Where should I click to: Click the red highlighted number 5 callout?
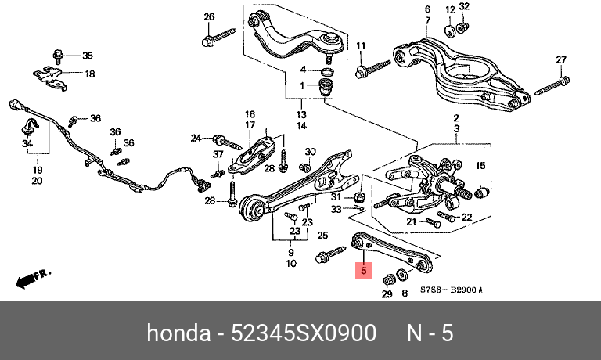tap(363, 271)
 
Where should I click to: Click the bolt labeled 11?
tap(372, 69)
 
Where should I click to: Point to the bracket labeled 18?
tap(50, 79)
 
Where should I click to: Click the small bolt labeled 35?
tap(58, 57)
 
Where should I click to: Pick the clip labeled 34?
tap(28, 128)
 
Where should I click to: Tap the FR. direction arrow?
tap(33, 279)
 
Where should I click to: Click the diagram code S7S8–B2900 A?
tap(451, 290)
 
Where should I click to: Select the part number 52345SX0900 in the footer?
tap(303, 333)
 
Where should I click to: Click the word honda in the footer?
tap(178, 333)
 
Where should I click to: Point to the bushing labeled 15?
tap(480, 192)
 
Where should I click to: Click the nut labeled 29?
tap(388, 280)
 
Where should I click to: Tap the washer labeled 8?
tap(402, 275)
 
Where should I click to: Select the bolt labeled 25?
tap(330, 254)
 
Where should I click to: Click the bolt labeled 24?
tap(227, 142)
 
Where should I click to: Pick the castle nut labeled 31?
tap(361, 197)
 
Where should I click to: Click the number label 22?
tap(467, 217)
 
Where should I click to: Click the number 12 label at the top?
tap(451, 9)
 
